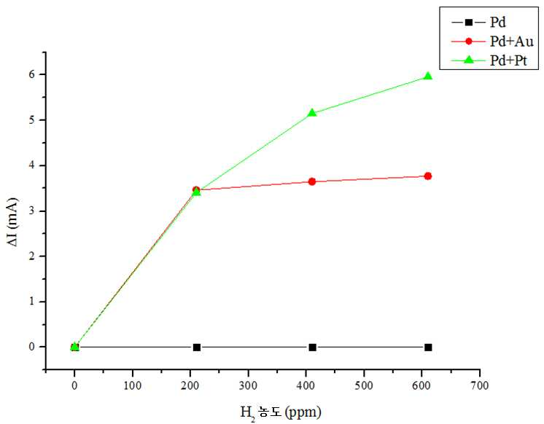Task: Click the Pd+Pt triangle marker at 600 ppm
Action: (428, 76)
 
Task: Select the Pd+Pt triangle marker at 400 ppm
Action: (312, 112)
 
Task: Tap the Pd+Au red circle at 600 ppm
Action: (428, 176)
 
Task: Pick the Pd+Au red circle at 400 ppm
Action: (312, 181)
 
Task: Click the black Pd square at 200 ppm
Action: (197, 347)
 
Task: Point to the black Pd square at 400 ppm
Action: (312, 347)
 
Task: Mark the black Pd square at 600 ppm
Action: (428, 347)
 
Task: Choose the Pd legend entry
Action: (479, 23)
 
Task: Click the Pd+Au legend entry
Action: (492, 42)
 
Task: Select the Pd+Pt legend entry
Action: (489, 60)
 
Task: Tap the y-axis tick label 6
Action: (32, 74)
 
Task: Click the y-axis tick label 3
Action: (32, 211)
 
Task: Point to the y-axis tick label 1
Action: (32, 302)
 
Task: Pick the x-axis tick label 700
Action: (480, 385)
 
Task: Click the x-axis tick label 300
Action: (248, 385)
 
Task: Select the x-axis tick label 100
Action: (133, 385)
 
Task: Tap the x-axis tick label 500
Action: (364, 385)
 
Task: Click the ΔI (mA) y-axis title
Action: (12, 221)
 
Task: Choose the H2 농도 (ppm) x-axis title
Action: (281, 412)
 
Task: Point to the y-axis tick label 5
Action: (32, 120)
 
